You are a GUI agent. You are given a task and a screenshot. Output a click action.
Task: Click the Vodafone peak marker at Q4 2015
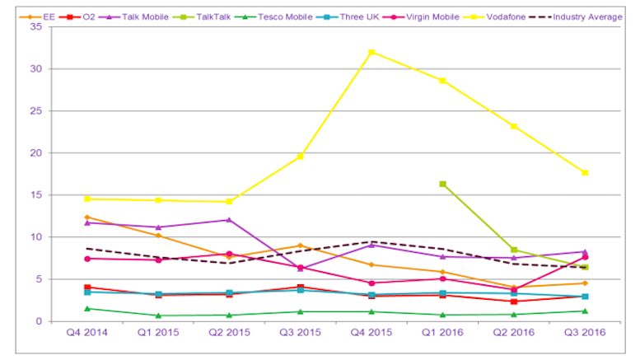tap(371, 52)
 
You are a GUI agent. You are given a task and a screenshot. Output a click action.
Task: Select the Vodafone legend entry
tap(494, 17)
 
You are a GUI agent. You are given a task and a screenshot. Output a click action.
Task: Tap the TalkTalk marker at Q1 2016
tap(442, 184)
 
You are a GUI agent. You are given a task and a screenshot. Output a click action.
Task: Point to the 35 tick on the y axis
tap(36, 26)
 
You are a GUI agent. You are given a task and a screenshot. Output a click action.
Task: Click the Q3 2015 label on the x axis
tap(300, 332)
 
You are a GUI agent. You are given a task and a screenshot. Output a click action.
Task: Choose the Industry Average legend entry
tap(575, 17)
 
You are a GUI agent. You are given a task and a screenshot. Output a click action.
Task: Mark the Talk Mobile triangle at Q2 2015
tap(229, 220)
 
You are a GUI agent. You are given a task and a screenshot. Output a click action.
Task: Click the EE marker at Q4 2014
tap(87, 217)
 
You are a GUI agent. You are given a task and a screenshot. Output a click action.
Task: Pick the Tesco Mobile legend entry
tap(273, 17)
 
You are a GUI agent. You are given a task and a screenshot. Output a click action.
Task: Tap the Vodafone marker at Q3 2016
tap(585, 173)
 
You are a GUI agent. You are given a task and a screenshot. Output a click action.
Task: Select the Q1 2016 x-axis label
tap(442, 332)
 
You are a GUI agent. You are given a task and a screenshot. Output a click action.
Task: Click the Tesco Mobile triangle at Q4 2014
tap(87, 309)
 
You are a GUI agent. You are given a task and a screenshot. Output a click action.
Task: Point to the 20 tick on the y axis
tap(36, 152)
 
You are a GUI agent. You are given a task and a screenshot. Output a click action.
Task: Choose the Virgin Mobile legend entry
tap(421, 17)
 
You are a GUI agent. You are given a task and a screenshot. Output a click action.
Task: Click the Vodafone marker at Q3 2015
tap(300, 157)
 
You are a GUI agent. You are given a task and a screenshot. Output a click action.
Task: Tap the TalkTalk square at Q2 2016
tap(514, 250)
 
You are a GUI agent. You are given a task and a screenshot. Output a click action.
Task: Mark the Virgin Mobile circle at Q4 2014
tap(87, 259)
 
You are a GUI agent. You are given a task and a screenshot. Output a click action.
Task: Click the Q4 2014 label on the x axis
tap(87, 332)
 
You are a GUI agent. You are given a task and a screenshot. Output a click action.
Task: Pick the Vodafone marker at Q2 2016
tap(514, 127)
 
